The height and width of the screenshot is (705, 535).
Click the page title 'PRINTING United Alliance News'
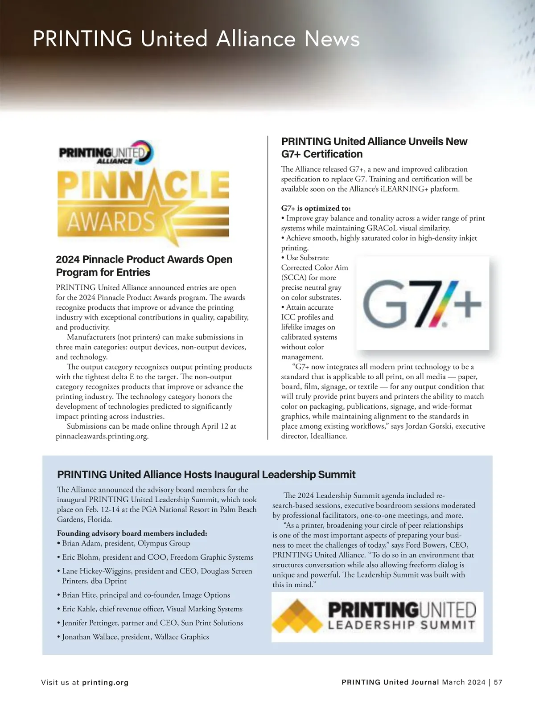(196, 39)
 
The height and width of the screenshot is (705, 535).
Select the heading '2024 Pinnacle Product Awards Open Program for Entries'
(144, 266)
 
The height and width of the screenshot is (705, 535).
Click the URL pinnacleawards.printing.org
(102, 436)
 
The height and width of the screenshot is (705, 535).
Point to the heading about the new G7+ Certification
(374, 148)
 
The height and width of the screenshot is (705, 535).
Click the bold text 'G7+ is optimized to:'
(316, 208)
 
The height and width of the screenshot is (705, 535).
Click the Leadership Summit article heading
(206, 474)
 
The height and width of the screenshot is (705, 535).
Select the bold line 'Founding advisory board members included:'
(132, 533)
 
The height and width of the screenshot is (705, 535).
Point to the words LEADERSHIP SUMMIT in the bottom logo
(401, 625)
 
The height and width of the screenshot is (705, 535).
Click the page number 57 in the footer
(498, 682)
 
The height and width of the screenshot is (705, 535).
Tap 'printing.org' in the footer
(105, 682)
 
